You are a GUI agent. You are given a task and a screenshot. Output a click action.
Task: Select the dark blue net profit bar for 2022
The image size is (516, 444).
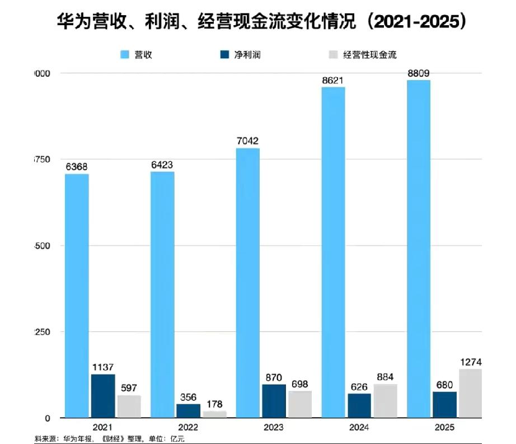(x=188, y=410)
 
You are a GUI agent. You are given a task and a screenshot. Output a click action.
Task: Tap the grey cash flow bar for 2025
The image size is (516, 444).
(x=471, y=393)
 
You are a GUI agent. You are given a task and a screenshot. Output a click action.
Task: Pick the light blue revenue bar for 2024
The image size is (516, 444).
(x=333, y=252)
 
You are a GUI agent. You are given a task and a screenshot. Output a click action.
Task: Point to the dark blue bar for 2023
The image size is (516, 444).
(x=274, y=401)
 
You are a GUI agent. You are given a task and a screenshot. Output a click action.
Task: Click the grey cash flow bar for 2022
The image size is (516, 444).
(x=215, y=414)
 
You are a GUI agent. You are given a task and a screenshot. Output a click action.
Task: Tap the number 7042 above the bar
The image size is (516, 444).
(x=247, y=141)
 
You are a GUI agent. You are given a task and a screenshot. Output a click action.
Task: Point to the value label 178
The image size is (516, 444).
(x=215, y=404)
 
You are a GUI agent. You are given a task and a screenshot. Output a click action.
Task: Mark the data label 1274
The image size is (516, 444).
(x=471, y=362)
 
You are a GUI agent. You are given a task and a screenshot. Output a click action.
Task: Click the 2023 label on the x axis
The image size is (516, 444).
(x=274, y=428)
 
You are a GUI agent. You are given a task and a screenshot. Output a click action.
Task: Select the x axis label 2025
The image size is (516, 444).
(x=444, y=428)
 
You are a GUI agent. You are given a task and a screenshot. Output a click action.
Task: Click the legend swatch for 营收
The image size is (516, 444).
(x=125, y=54)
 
